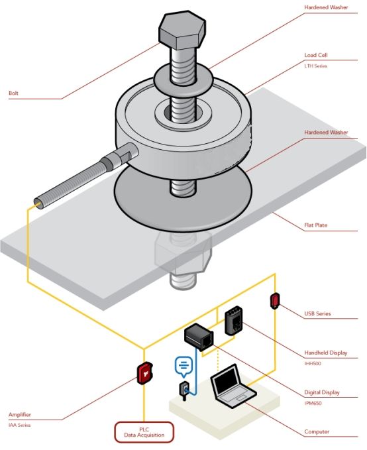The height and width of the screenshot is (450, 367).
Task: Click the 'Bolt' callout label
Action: tap(13, 93)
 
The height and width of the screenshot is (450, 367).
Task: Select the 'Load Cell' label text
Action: tap(316, 55)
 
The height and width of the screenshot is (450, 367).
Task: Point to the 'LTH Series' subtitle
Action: tap(315, 66)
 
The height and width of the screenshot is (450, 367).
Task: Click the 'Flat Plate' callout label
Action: tap(315, 225)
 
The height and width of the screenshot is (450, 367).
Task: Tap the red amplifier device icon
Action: tap(144, 373)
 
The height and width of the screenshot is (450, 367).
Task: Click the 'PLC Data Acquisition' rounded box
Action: tap(144, 432)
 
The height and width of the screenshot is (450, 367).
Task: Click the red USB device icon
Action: tap(275, 300)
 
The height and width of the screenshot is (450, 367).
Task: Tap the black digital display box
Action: tap(199, 337)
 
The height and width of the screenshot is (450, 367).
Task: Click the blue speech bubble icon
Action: tap(183, 366)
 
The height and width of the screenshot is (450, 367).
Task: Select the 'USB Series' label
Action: tap(317, 313)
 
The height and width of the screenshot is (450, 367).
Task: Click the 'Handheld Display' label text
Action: tap(326, 353)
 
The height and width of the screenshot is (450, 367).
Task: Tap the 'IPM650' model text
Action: tap(313, 403)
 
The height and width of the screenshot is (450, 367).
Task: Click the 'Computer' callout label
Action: tap(317, 431)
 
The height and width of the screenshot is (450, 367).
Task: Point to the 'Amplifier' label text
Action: tap(19, 414)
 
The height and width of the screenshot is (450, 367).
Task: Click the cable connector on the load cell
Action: tap(121, 156)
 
